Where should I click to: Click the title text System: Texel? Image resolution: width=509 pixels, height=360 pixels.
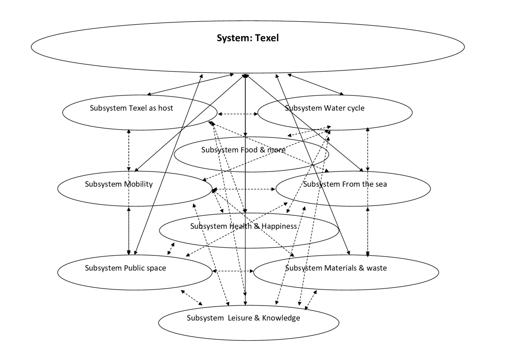tap(248, 38)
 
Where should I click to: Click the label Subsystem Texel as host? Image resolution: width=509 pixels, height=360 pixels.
tap(131, 108)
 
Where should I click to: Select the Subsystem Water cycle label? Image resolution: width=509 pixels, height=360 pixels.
tap(325, 108)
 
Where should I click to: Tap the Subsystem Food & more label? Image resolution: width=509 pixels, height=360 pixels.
tap(243, 150)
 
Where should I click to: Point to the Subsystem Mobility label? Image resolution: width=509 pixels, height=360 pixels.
tap(119, 184)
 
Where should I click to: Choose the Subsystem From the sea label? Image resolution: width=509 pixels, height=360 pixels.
tap(345, 184)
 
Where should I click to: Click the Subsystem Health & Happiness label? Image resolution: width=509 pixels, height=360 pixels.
tap(243, 226)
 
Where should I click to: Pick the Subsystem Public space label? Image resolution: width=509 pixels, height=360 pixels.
tap(125, 268)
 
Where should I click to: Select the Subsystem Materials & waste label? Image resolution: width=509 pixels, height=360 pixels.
tap(336, 268)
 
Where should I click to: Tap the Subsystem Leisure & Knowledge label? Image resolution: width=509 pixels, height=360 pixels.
tap(243, 318)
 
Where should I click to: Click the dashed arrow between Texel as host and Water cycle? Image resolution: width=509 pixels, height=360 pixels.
tap(238, 114)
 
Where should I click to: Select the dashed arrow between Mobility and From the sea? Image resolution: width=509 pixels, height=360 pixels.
tap(244, 189)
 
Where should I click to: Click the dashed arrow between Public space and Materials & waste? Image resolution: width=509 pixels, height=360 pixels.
tap(233, 271)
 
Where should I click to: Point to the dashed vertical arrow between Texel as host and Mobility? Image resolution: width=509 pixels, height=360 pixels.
tap(129, 150)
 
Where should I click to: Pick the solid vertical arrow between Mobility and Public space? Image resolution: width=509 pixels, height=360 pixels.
tap(129, 231)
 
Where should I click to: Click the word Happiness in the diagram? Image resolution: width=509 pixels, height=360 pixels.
tap(279, 226)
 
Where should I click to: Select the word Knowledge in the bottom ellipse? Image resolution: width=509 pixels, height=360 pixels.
tap(281, 318)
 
